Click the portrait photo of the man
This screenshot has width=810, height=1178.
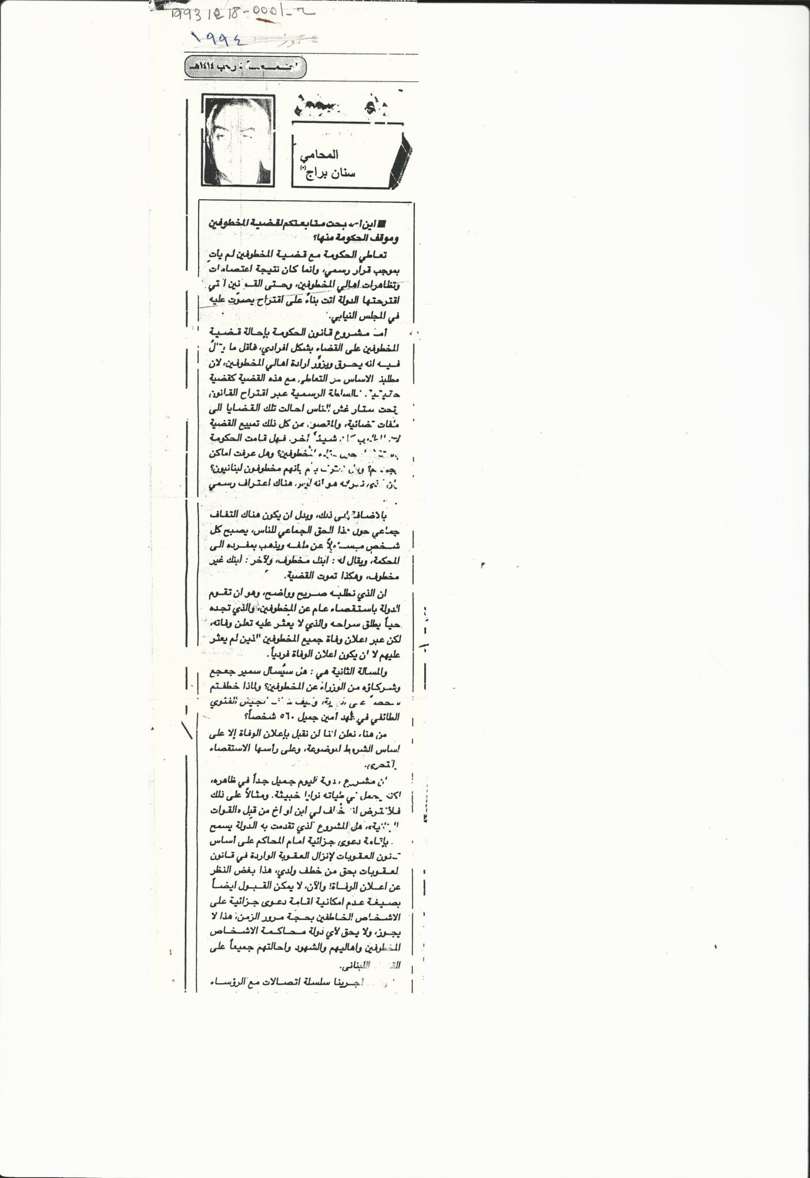(x=237, y=140)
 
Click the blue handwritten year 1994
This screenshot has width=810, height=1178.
(x=219, y=39)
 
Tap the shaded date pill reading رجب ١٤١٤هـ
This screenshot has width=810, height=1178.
(x=246, y=67)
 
